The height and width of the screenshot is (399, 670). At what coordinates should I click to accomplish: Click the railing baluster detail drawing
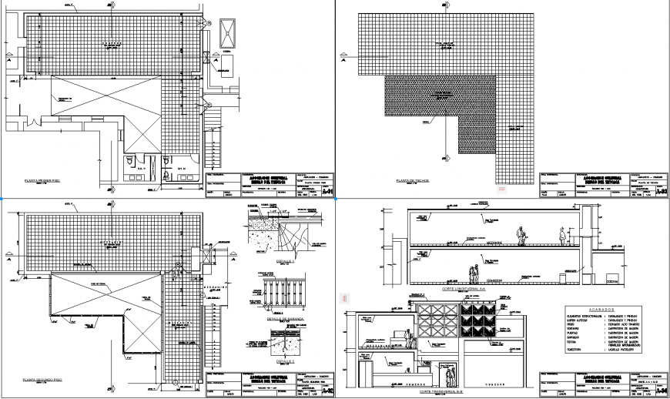click(x=283, y=297)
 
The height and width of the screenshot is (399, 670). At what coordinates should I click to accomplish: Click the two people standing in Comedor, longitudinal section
click(x=471, y=273)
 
